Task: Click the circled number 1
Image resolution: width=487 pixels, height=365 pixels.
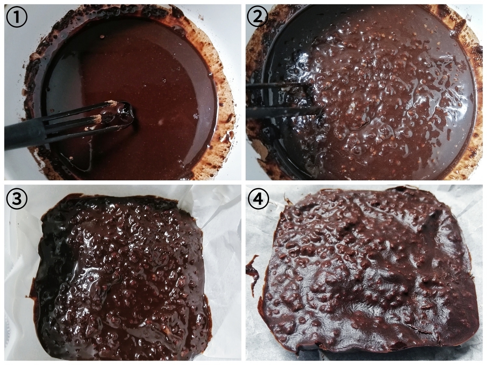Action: pyautogui.click(x=17, y=17)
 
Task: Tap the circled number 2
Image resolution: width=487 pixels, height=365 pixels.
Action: pyautogui.click(x=258, y=17)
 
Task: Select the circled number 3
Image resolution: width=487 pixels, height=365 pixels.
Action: pyautogui.click(x=17, y=198)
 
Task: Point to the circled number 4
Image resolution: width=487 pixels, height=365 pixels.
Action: pyautogui.click(x=258, y=198)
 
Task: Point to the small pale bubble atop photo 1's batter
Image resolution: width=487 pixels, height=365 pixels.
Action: pyautogui.click(x=160, y=122)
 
